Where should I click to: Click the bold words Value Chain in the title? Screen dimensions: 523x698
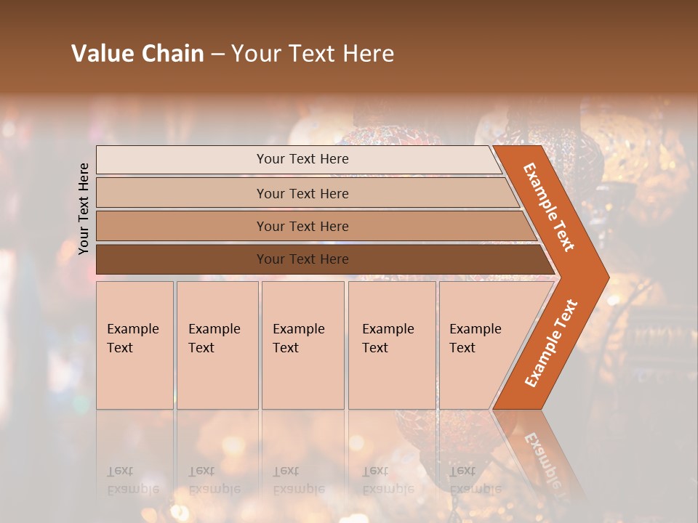click(x=137, y=54)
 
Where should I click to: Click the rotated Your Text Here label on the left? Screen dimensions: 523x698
click(x=84, y=208)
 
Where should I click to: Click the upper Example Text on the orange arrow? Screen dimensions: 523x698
click(x=549, y=207)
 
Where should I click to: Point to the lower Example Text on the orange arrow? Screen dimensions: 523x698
click(x=551, y=344)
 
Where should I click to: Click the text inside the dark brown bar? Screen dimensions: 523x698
click(x=302, y=259)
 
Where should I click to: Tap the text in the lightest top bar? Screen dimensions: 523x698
click(x=302, y=159)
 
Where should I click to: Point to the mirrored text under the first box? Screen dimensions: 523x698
click(x=132, y=480)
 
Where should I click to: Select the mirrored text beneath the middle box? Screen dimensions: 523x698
click(x=298, y=480)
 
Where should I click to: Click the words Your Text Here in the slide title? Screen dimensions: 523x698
click(x=313, y=54)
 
